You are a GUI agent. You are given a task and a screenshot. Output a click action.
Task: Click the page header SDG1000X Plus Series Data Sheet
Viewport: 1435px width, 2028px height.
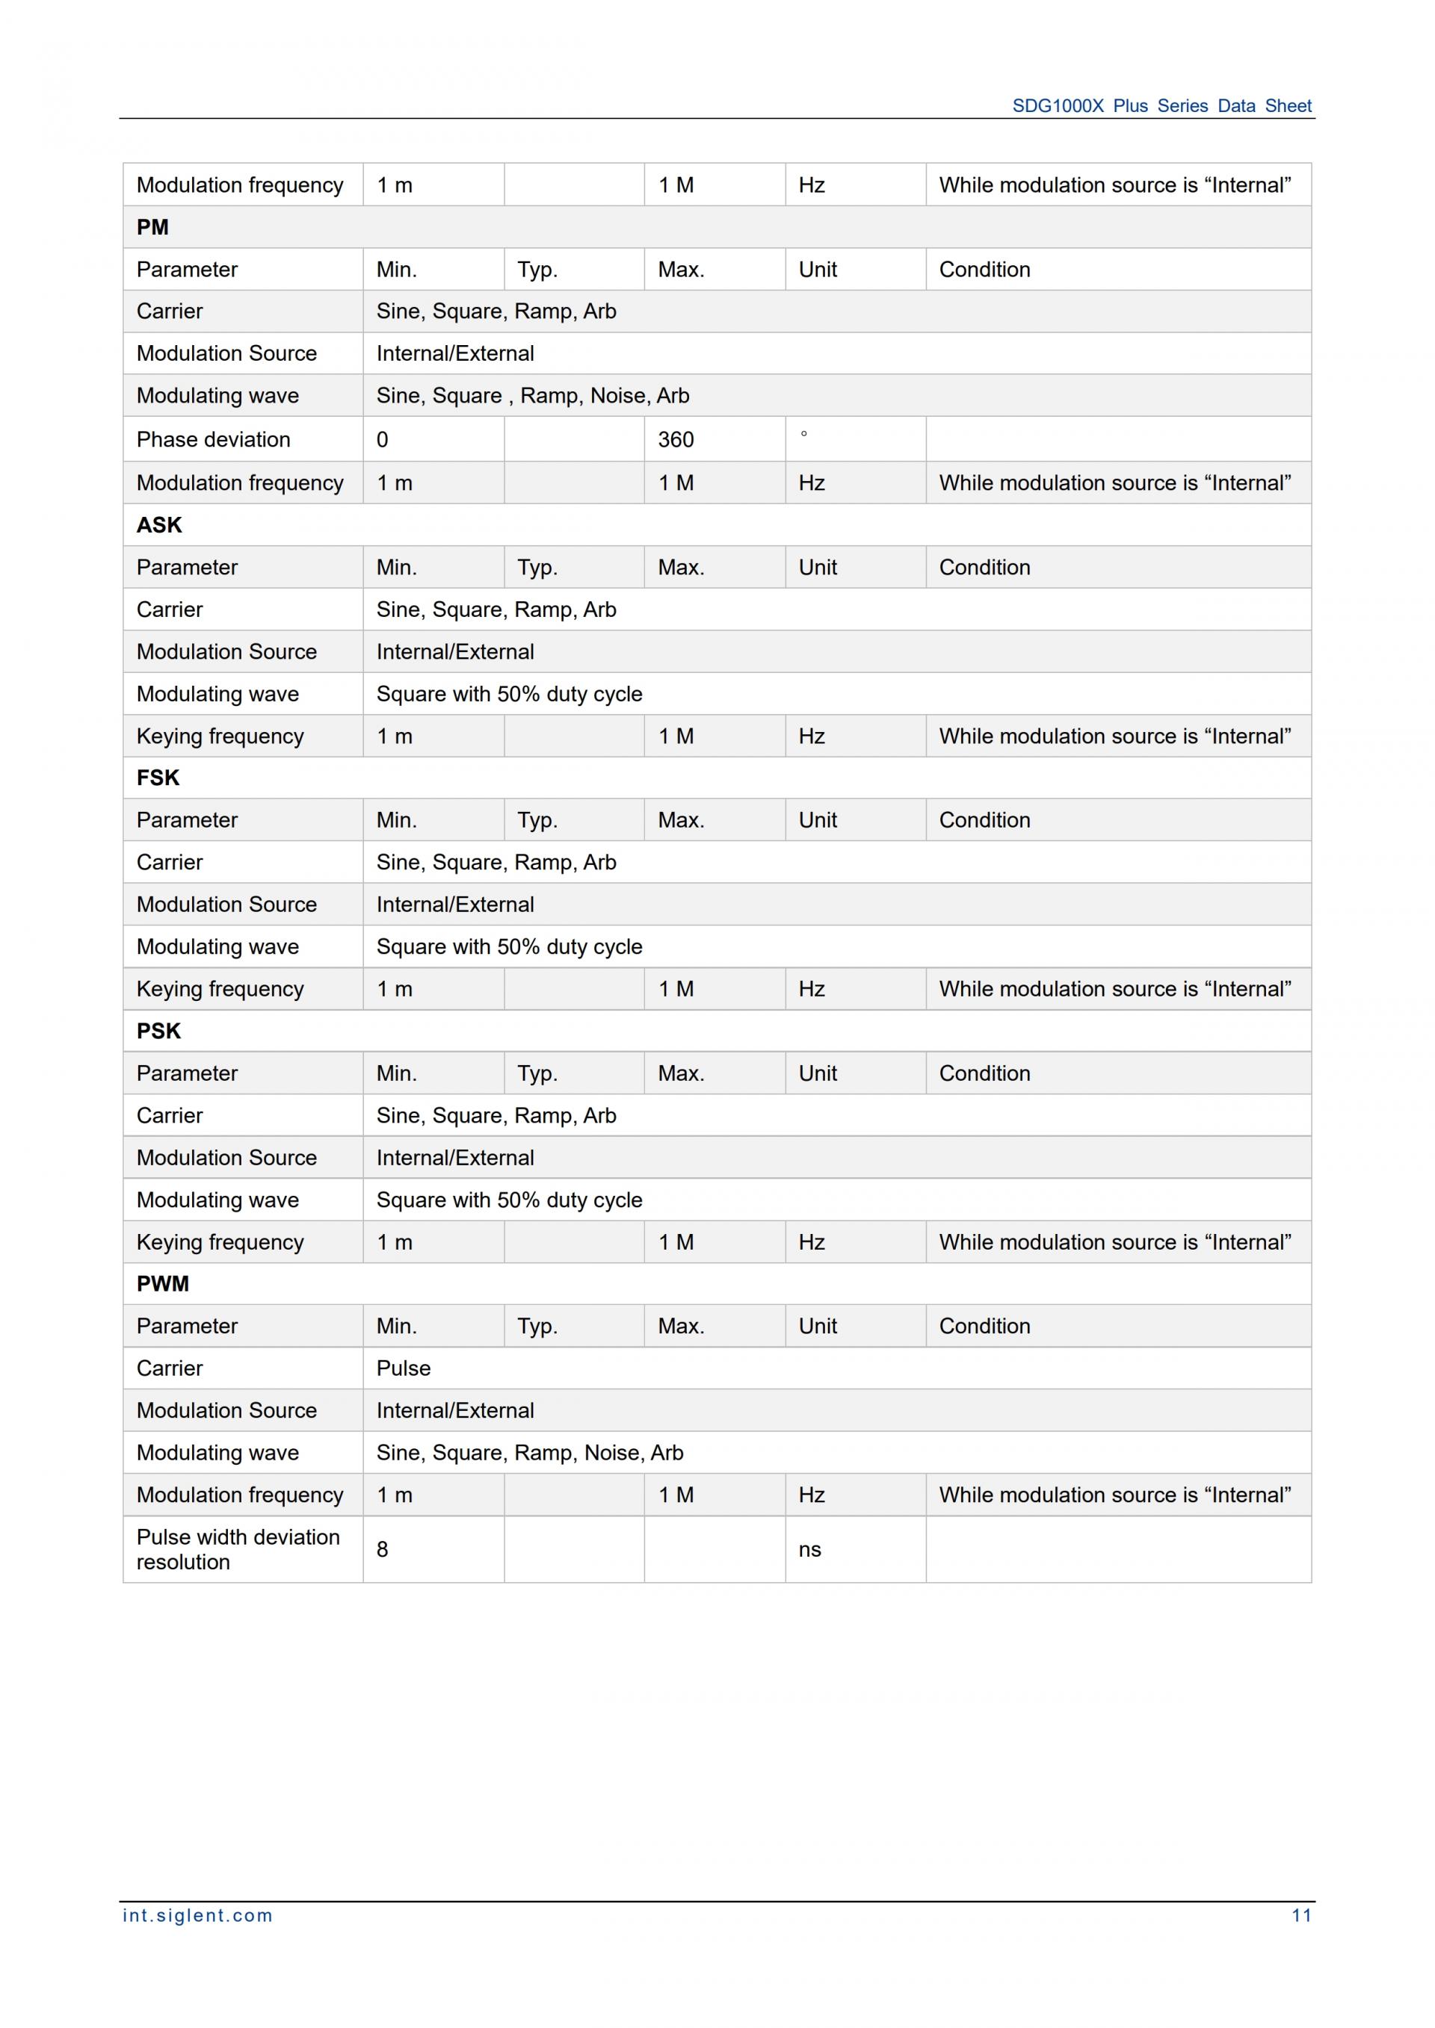pos(1161,106)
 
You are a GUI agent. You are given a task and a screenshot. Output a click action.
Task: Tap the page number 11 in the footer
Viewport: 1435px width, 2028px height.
pos(1300,1915)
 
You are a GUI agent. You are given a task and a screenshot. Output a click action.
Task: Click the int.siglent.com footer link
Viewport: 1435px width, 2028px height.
pos(197,1915)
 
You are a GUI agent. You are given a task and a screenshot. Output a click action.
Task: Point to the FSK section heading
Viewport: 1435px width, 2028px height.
pos(158,778)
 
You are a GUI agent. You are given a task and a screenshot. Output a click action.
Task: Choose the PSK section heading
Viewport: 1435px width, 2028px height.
pos(158,1031)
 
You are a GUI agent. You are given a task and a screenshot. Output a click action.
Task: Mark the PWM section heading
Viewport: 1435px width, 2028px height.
pos(163,1283)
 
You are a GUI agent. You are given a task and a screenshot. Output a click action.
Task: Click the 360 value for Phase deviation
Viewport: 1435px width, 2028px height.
pos(676,439)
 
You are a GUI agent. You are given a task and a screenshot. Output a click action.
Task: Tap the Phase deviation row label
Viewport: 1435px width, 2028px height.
pos(213,439)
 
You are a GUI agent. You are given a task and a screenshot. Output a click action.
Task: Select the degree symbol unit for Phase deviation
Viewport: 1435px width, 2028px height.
pos(803,435)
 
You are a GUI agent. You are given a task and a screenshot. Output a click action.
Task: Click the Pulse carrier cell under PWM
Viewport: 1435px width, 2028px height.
pos(404,1368)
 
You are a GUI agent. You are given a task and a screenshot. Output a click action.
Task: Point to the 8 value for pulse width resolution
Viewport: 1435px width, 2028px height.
pos(383,1549)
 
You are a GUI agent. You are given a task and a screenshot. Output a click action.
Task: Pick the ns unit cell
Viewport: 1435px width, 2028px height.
pos(809,1549)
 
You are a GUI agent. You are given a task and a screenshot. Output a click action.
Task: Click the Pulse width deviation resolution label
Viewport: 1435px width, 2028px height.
pos(238,1549)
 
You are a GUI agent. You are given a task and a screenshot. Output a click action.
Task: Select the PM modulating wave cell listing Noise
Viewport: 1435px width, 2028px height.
pos(532,396)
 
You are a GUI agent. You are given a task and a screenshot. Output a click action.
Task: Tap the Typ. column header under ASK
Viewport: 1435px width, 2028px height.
pos(537,567)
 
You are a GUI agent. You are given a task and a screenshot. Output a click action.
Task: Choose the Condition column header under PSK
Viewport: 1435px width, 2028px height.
pos(984,1073)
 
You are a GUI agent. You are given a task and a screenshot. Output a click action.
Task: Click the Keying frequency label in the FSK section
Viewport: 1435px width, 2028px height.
pos(220,988)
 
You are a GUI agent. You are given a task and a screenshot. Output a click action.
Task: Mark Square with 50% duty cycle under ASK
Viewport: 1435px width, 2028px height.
pos(509,693)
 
